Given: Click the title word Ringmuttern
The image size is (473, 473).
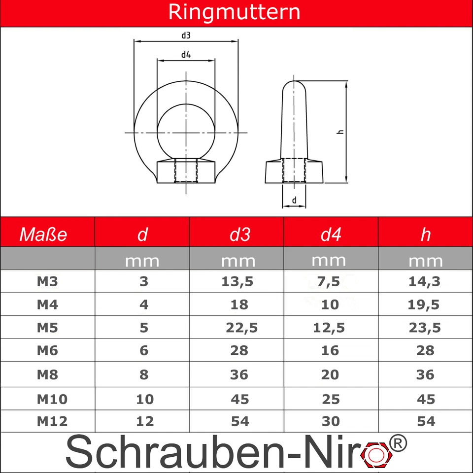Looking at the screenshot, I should coord(234,12).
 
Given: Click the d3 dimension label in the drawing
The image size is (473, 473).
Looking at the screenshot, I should coord(186,35).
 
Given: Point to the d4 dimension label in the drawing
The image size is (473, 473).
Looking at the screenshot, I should coord(185,55).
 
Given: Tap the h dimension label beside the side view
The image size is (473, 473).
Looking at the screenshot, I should coord(339,132).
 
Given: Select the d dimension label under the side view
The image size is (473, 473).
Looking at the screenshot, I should coord(294,200).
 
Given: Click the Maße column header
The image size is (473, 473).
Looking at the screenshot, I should coord(43,235).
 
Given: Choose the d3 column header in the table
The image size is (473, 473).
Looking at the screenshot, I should coord(240,235).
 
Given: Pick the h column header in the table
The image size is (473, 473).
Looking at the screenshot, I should coord(425,235).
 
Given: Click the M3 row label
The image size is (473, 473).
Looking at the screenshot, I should coord(47,282).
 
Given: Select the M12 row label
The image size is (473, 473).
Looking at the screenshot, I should coord(52,422).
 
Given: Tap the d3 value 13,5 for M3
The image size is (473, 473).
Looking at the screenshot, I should coord(239,282).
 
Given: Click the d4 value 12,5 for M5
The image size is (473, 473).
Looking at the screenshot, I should coord(329,328).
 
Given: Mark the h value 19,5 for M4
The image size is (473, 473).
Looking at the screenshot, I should coord(424,305).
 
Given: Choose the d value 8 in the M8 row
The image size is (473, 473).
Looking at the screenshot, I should coord(144,375).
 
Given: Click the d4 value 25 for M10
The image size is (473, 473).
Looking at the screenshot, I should coord(331,399).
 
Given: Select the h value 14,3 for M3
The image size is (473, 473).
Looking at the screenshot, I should coord(424,282).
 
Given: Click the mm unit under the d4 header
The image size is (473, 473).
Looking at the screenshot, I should coord(329,259).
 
